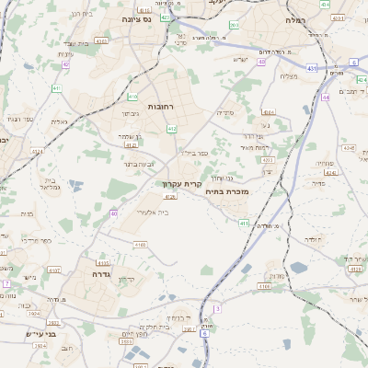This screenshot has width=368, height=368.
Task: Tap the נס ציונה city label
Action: pyautogui.click(x=137, y=17)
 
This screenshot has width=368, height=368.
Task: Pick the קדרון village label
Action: pyautogui.click(x=125, y=280)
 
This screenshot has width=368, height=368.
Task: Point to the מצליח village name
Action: pyautogui.click(x=288, y=76)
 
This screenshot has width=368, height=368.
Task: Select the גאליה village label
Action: pyautogui.click(x=57, y=121)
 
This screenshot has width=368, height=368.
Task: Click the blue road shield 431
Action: pyautogui.click(x=311, y=67)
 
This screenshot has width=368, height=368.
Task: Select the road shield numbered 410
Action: pyautogui.click(x=132, y=96)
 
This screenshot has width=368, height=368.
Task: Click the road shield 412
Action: pyautogui.click(x=171, y=129)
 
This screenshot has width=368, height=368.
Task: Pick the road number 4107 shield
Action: pyautogui.click(x=54, y=270)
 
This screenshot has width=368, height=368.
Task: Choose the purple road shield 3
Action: pyautogui.click(x=217, y=308)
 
